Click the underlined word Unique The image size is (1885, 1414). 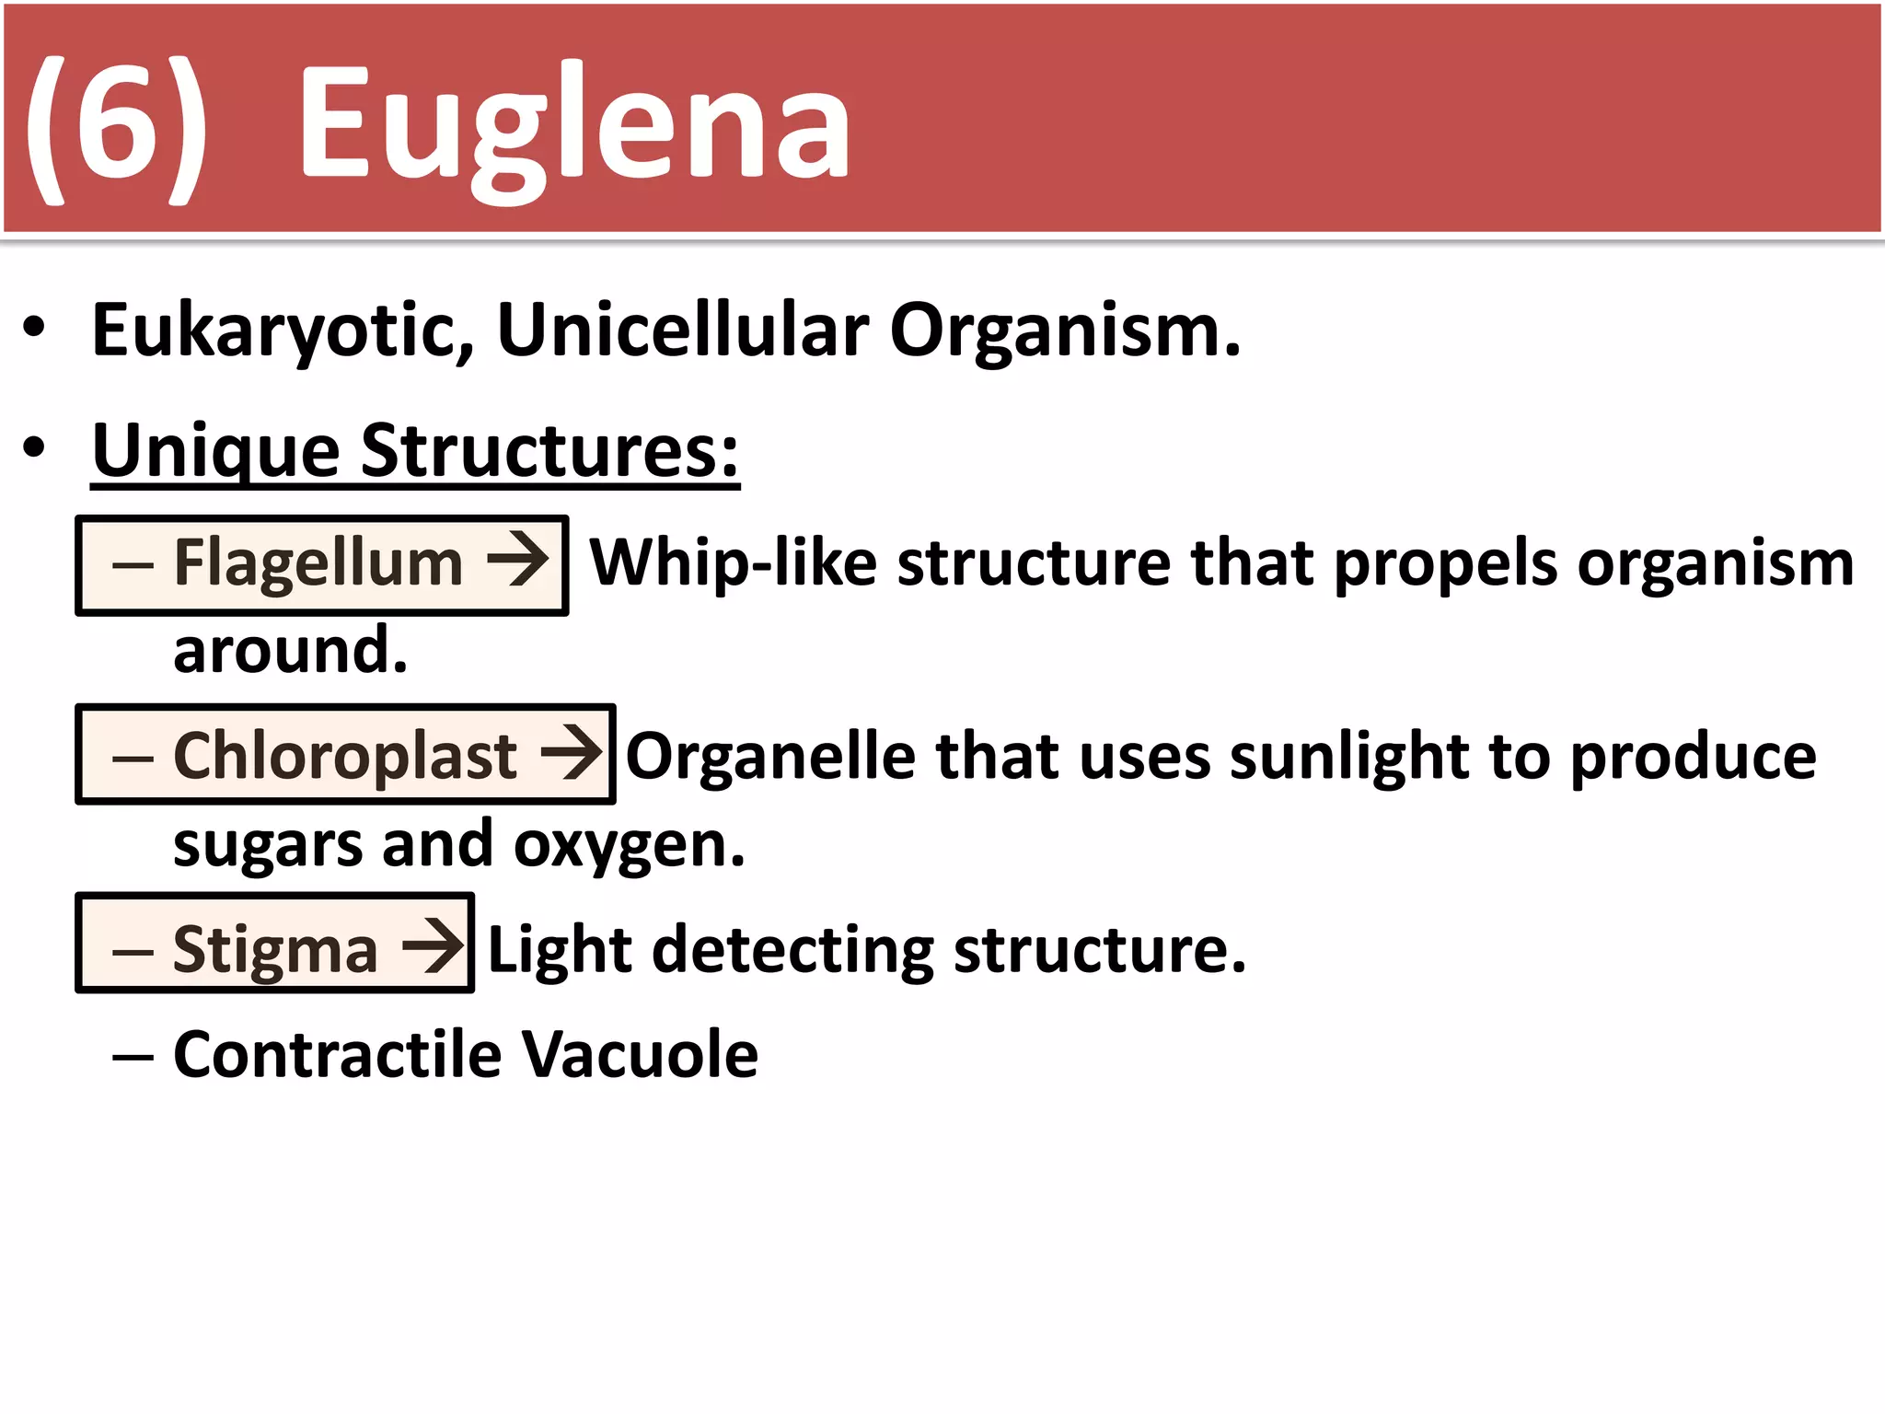coord(216,451)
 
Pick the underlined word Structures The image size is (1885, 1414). coord(549,451)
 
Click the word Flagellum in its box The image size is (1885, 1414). coord(318,563)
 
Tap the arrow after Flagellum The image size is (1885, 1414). coord(518,560)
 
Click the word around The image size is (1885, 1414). coord(290,650)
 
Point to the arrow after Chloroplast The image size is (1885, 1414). coord(572,753)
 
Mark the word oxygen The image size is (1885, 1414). coord(629,845)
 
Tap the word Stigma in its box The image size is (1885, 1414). coord(275,950)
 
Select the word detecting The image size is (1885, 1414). coord(792,950)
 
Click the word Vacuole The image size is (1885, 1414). coord(640,1055)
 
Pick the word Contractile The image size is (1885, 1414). coord(337,1055)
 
